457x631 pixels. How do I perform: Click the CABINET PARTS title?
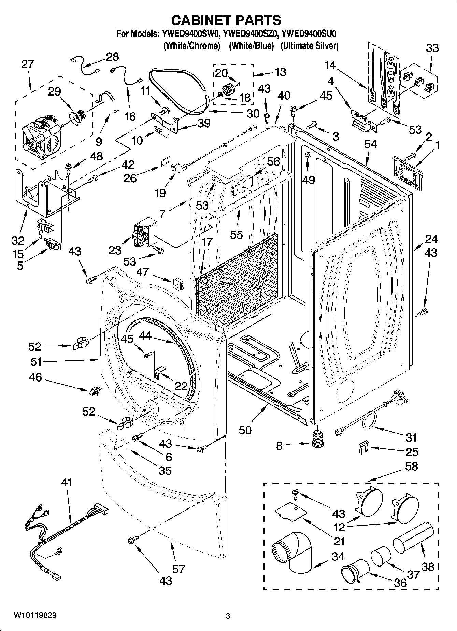pyautogui.click(x=226, y=20)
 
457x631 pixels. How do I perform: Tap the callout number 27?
pyautogui.click(x=28, y=64)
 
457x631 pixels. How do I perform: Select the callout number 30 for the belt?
pyautogui.click(x=253, y=114)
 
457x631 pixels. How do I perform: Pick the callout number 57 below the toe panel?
pyautogui.click(x=178, y=569)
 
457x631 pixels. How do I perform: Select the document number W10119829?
pyautogui.click(x=35, y=615)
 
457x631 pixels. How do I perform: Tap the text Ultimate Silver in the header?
pyautogui.click(x=309, y=46)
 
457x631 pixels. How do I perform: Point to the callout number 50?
pyautogui.click(x=245, y=430)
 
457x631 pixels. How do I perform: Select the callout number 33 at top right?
pyautogui.click(x=432, y=48)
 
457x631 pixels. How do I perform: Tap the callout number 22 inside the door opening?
pyautogui.click(x=181, y=386)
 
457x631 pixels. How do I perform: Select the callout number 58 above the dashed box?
pyautogui.click(x=411, y=466)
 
